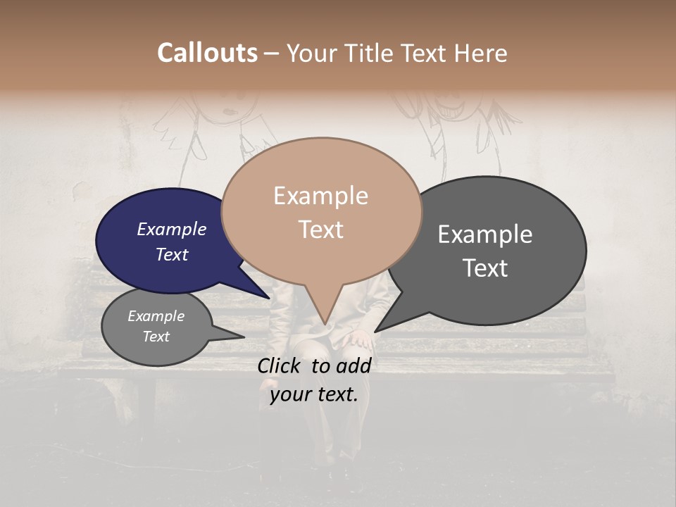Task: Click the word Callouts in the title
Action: (207, 53)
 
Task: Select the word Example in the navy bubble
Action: (171, 229)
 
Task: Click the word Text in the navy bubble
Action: (171, 254)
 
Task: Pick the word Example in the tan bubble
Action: (320, 196)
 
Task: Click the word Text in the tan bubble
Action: (320, 230)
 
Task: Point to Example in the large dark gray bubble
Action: (485, 234)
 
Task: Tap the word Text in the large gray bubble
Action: (485, 268)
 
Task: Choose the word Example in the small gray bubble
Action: (156, 316)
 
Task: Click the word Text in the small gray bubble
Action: (156, 337)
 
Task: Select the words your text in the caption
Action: (314, 394)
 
